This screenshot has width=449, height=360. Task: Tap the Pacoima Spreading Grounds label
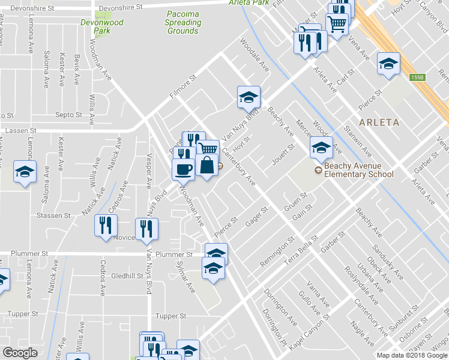183,23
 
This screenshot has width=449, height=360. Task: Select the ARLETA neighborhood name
379,122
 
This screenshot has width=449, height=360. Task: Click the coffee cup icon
183,168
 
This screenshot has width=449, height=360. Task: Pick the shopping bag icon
206,166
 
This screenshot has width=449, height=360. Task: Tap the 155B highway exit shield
418,77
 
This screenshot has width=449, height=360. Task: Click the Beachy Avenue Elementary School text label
358,170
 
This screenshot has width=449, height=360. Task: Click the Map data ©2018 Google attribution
412,355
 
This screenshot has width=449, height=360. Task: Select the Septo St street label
68,115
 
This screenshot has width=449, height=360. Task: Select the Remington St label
277,253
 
